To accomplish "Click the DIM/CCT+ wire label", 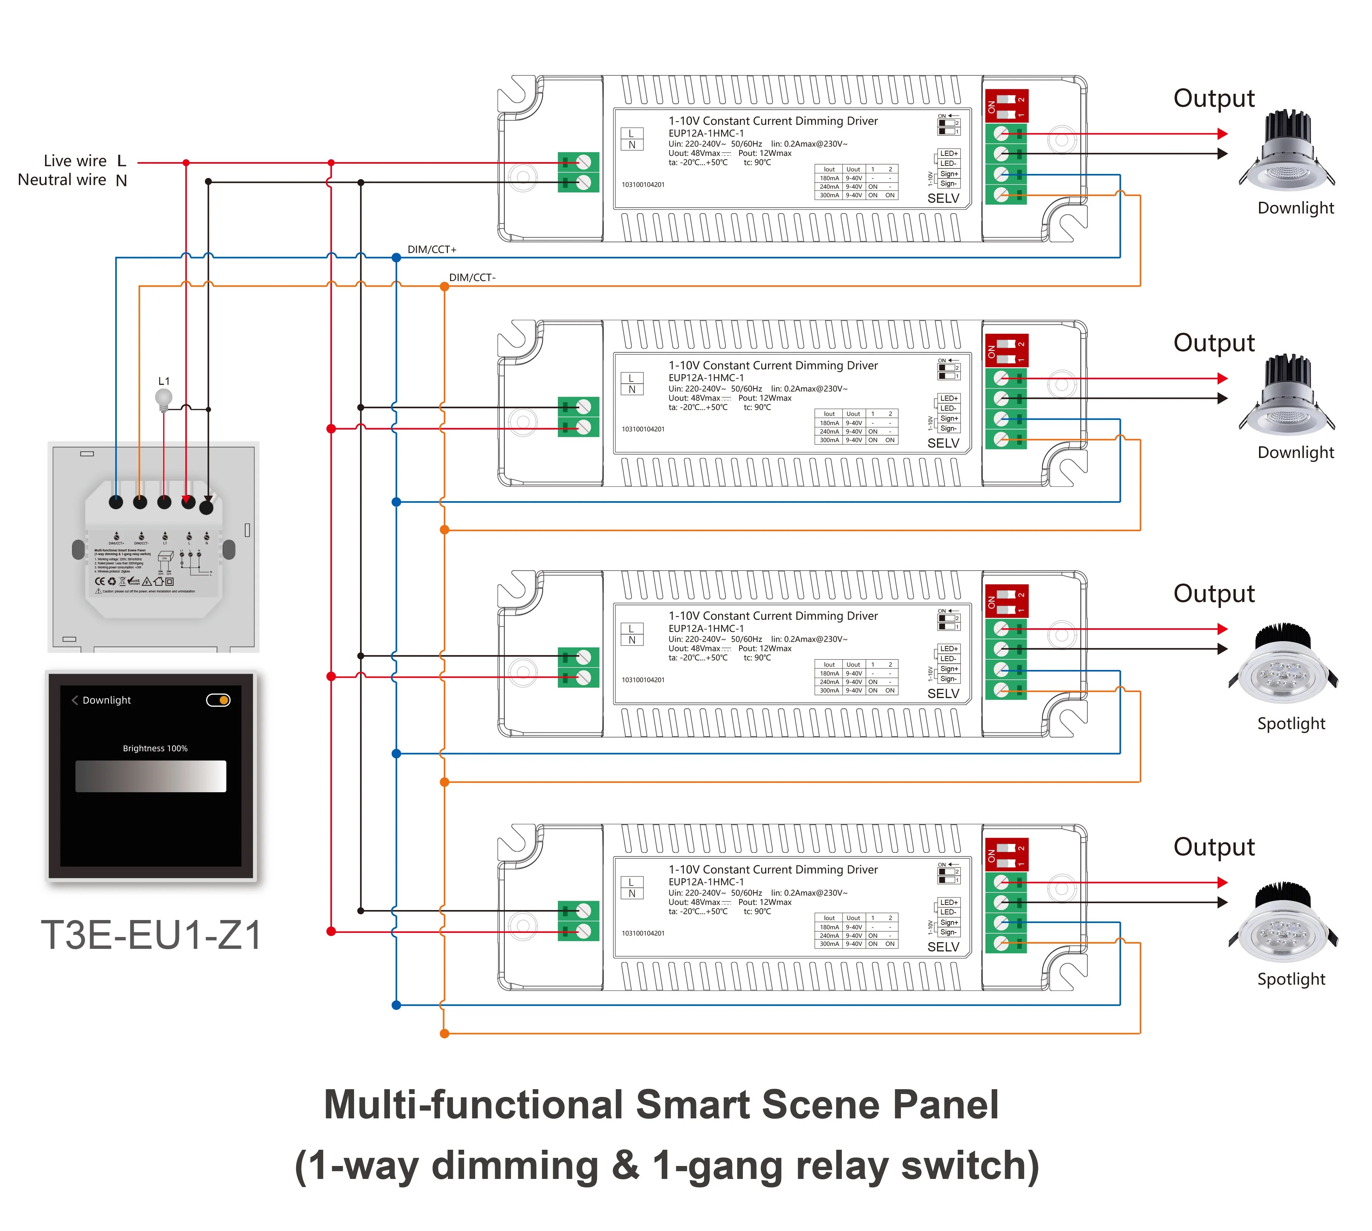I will coord(431,250).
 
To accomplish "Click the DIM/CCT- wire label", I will coord(472,277).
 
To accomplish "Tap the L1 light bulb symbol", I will coord(164,399).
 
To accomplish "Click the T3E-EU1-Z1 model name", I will coord(151,935).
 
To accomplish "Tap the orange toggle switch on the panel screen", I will coord(219,700).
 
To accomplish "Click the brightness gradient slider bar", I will coord(151,776).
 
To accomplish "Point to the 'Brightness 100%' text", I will coord(155,748).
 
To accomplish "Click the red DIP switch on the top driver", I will coord(1006,106).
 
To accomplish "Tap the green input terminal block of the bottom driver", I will coord(578,920).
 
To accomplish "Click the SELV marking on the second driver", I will coord(943,443).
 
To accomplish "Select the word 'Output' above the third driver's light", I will coord(1214,593).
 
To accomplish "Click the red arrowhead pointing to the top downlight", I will coord(1222,134).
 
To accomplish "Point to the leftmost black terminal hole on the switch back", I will coord(116,502).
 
